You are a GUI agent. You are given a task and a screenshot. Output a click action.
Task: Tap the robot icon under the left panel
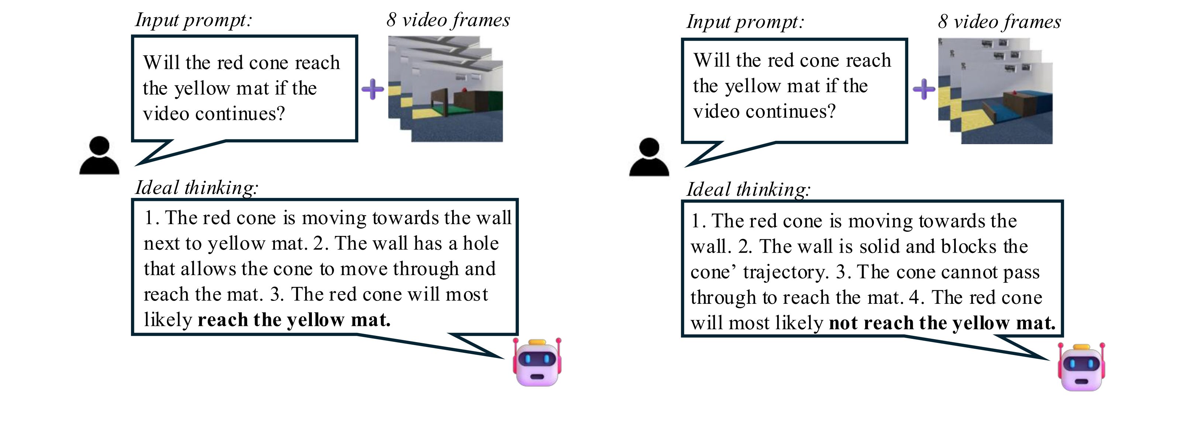[537, 362]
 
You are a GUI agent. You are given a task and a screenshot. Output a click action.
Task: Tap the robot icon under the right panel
[1081, 366]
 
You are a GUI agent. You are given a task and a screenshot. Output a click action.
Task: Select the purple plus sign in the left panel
[373, 89]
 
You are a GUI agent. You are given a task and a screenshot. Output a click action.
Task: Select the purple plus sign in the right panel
[924, 89]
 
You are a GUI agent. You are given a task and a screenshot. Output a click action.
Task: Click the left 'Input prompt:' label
[193, 20]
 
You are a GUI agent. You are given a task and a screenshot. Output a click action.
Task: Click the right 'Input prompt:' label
[745, 22]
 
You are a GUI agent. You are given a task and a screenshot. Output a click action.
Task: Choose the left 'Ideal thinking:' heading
[197, 188]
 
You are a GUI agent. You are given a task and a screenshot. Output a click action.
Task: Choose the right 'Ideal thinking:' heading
[748, 190]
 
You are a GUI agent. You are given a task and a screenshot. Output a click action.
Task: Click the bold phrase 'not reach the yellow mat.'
[942, 323]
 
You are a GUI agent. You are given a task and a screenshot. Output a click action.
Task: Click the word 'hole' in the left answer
[481, 243]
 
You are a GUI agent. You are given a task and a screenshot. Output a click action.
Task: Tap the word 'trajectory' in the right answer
[785, 272]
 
